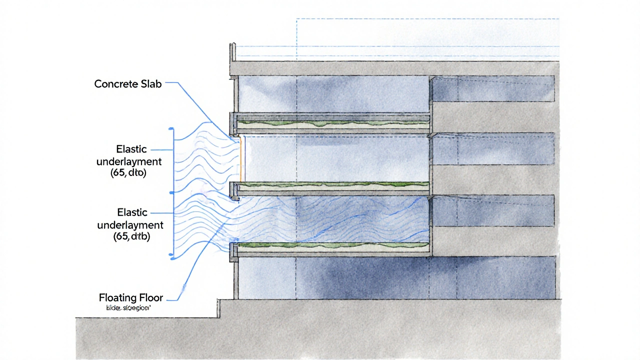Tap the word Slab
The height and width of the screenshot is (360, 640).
coord(150,84)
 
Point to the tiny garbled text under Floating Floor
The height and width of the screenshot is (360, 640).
coord(128,309)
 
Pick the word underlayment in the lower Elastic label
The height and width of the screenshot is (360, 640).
coord(130,224)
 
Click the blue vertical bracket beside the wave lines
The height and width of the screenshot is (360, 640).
coord(173,192)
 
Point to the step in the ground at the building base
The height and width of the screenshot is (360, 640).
coord(218,308)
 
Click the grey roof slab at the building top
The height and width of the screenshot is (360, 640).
coord(395,68)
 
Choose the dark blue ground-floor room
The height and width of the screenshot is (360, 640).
coord(395,277)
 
